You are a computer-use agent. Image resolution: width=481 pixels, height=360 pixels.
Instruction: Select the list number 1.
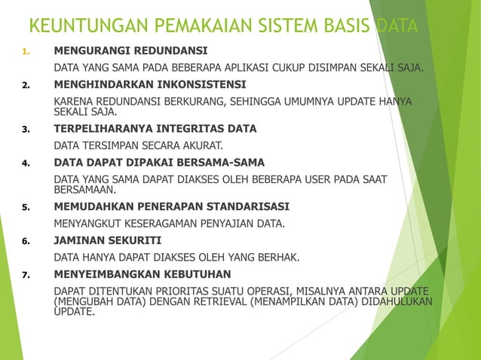[x=25, y=53]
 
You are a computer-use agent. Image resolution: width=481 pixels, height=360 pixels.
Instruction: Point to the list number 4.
[x=25, y=163]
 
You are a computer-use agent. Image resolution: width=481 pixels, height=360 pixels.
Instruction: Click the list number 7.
[x=25, y=274]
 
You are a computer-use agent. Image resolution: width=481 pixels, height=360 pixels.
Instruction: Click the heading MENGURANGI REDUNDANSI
[x=130, y=52]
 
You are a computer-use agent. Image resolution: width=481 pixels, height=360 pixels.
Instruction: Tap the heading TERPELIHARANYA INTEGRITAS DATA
[x=155, y=129]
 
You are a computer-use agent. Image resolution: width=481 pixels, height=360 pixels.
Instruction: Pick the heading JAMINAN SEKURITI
[x=107, y=240]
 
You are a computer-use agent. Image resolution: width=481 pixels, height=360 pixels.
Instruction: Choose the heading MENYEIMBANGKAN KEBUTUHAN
[x=142, y=273]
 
